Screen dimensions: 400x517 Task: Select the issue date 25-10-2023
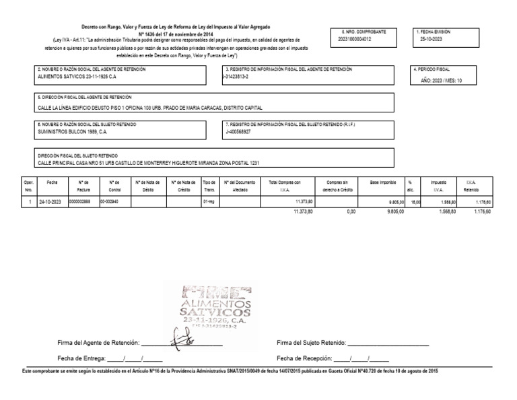tap(432, 39)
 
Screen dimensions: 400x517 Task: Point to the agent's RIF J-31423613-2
tap(238, 76)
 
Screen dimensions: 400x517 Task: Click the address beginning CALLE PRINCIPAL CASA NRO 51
tap(147, 163)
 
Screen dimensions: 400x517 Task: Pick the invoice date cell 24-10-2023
tap(50, 201)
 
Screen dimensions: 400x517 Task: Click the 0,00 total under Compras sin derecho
tap(350, 211)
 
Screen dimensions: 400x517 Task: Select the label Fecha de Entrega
tap(82, 358)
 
